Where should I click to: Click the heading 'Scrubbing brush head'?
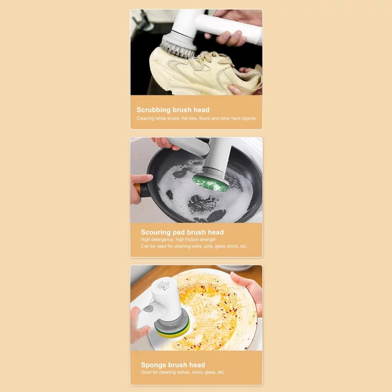(173, 110)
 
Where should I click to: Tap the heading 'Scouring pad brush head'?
(182, 232)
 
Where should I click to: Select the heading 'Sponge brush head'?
(173, 365)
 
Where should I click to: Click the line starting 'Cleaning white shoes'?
(196, 118)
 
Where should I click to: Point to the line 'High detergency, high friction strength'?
(178, 240)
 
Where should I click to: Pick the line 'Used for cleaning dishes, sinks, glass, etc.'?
(182, 372)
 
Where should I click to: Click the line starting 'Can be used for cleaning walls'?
(194, 246)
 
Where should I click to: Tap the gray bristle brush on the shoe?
(178, 46)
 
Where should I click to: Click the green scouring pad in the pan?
(210, 183)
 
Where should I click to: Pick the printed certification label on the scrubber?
(164, 287)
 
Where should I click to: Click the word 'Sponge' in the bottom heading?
(152, 365)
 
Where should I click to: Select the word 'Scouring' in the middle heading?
(155, 233)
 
